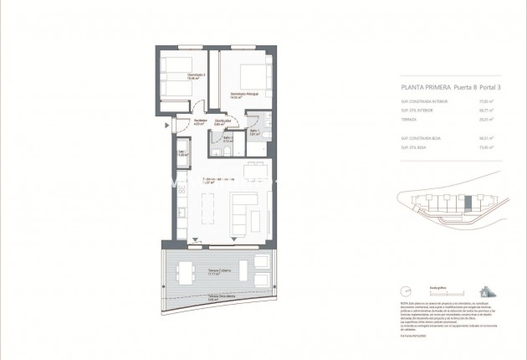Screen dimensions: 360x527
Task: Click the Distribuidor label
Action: pyautogui.click(x=223, y=122)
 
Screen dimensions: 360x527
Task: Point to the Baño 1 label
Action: pyautogui.click(x=253, y=131)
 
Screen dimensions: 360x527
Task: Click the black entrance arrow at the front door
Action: pyautogui.click(x=170, y=126)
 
